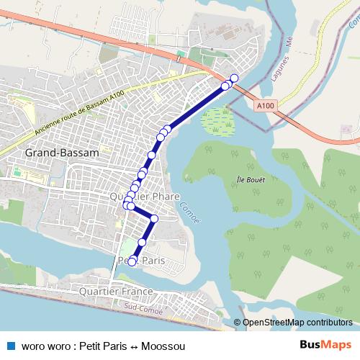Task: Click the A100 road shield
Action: point(265,105)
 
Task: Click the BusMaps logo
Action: point(325,346)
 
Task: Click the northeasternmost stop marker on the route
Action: point(234,78)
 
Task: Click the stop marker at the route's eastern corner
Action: point(154,218)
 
